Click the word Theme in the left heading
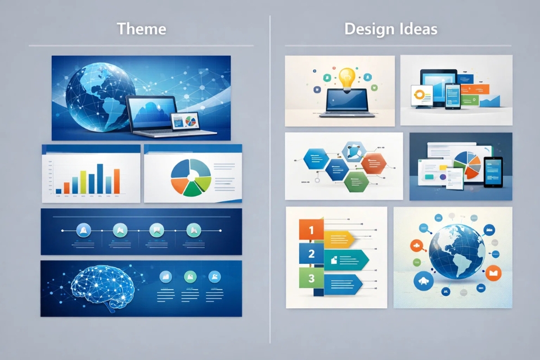coord(141,29)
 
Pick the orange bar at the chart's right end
coord(117,181)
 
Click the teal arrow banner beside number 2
coord(346,259)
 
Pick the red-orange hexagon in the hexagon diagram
coord(373,163)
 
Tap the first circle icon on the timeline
coord(83,229)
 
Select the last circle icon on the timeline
coord(193,229)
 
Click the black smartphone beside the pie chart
coord(492,172)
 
